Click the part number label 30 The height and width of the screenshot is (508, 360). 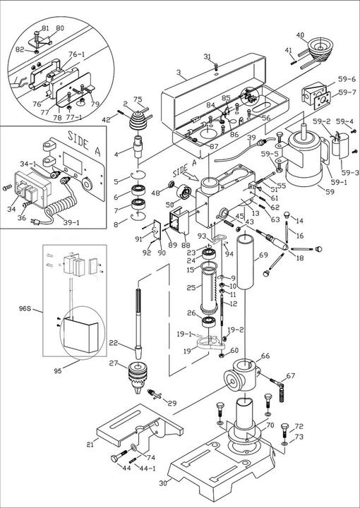[x=163, y=483]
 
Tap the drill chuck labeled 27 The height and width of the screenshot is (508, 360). [x=138, y=377]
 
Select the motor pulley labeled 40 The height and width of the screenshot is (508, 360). [x=318, y=49]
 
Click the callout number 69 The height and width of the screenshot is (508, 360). [x=263, y=255]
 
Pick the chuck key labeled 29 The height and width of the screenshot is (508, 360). [x=155, y=394]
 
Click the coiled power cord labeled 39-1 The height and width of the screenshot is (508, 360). [x=60, y=208]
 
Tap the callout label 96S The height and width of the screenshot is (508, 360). [x=25, y=308]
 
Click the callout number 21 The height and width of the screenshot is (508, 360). [x=90, y=444]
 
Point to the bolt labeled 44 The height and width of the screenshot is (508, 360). [x=119, y=456]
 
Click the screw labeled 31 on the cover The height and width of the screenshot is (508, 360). [x=216, y=67]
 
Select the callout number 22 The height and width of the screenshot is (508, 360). [x=113, y=344]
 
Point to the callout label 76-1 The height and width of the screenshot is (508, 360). [x=77, y=54]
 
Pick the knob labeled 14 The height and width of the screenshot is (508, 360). [x=287, y=214]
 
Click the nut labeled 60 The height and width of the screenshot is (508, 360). [x=221, y=355]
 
